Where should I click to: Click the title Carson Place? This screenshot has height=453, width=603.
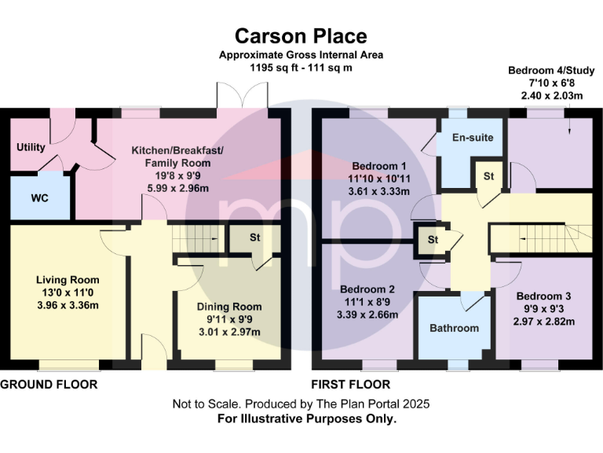click(301, 36)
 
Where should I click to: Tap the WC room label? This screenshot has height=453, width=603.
click(40, 198)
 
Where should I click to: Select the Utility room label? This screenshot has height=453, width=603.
click(31, 147)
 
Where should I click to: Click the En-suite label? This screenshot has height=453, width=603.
click(473, 138)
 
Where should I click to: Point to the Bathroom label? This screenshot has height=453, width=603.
click(454, 328)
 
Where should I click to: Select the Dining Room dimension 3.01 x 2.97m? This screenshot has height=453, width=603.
click(228, 332)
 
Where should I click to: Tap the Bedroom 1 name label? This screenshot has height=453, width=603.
click(379, 166)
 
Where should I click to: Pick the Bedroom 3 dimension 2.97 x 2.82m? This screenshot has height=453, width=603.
click(545, 322)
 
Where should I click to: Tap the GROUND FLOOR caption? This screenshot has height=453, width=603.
click(49, 385)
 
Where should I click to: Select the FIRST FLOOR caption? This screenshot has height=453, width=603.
click(351, 385)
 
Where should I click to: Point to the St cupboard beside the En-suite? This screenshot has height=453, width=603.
click(488, 175)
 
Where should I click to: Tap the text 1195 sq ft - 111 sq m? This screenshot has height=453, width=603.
click(301, 68)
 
